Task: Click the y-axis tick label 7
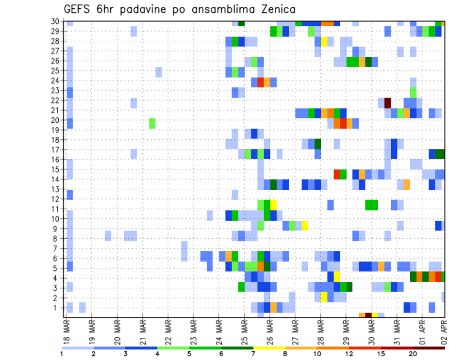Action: [x=57, y=248]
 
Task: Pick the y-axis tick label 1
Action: [x=57, y=308]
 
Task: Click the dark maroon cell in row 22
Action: [x=388, y=103]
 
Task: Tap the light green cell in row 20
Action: [x=152, y=123]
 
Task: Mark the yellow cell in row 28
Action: [x=324, y=41]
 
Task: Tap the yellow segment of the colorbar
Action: [x=269, y=347]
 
